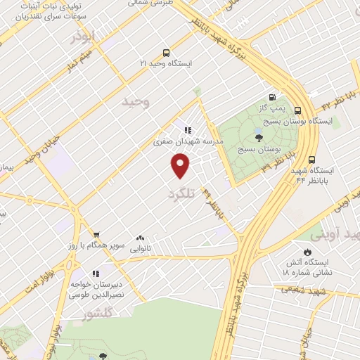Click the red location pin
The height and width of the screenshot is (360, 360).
[181, 166]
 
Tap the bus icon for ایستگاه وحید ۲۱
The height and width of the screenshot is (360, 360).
[166, 52]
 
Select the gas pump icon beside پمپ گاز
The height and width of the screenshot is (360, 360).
[272, 98]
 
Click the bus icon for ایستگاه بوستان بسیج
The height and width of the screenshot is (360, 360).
[297, 110]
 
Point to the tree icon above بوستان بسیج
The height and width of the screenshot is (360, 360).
[259, 138]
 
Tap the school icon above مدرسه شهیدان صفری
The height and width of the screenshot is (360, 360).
[188, 130]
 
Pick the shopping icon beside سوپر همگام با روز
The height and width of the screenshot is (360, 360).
[96, 237]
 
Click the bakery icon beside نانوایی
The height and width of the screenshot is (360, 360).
[141, 238]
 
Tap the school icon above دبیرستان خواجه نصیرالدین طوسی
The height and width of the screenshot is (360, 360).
[96, 274]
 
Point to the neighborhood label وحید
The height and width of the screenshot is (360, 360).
[136, 103]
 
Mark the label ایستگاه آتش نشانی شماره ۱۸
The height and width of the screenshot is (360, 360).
[307, 266]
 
